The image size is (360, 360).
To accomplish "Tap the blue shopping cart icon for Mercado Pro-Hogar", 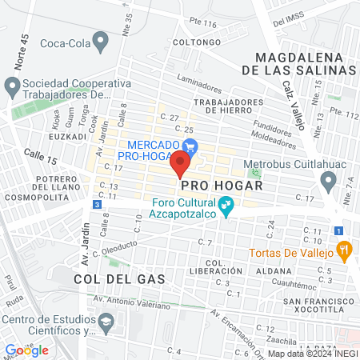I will (x=190, y=146).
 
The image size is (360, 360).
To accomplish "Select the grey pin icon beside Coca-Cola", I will (x=100, y=39).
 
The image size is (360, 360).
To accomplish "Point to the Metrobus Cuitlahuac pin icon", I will (x=328, y=183).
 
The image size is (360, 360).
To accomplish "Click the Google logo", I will (x=26, y=350).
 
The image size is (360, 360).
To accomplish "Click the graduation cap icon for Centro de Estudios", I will (x=105, y=322).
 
